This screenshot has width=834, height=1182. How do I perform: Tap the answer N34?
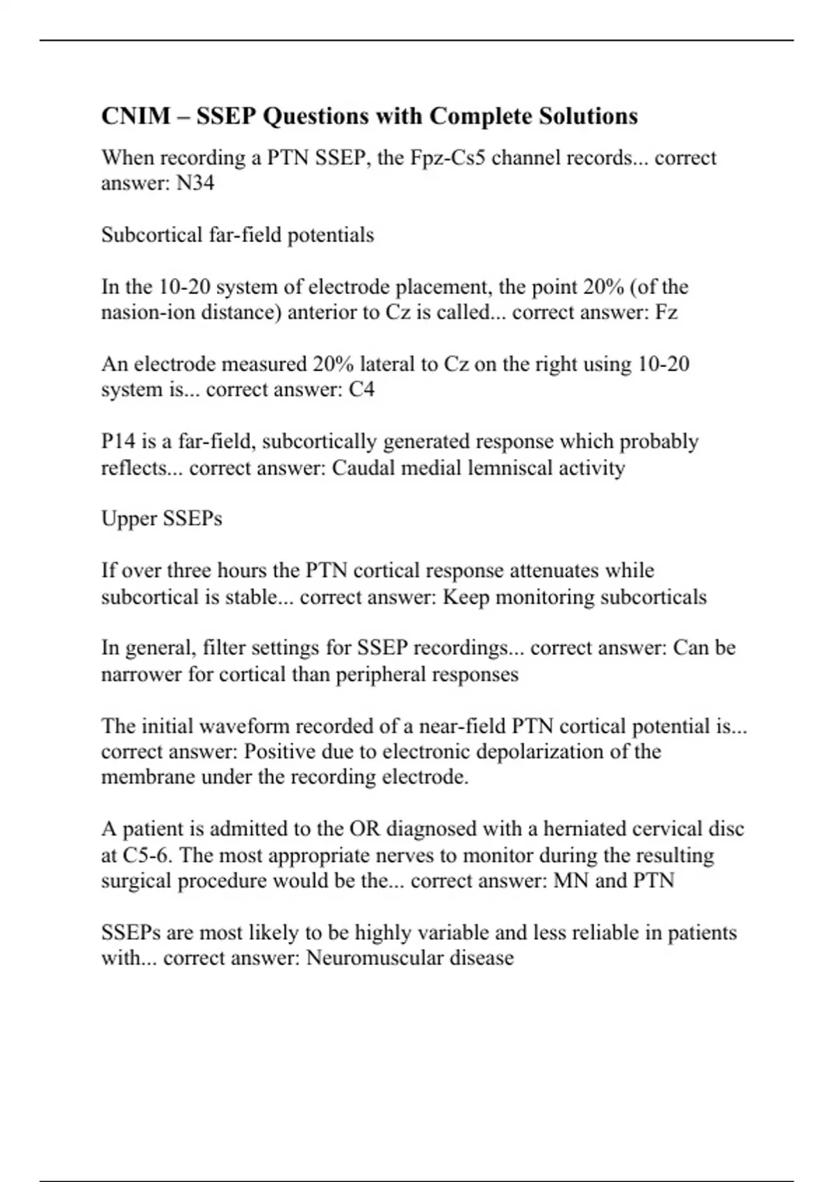click(195, 184)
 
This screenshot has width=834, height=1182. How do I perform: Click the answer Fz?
click(666, 313)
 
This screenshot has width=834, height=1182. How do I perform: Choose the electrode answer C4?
click(361, 389)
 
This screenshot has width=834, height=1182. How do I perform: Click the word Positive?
click(286, 752)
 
